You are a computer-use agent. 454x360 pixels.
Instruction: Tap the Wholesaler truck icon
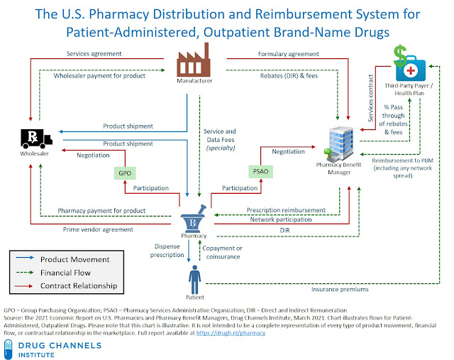(36, 138)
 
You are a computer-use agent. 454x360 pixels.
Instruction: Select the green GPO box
(125, 173)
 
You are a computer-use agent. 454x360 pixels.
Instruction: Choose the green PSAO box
(260, 171)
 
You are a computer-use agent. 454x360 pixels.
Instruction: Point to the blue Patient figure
(194, 280)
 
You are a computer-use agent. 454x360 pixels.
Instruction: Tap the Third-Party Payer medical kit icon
(411, 68)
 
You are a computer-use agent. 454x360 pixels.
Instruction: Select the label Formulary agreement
(289, 54)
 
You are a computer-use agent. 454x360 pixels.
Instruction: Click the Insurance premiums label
(340, 289)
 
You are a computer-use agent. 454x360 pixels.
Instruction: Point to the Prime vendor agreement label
(98, 229)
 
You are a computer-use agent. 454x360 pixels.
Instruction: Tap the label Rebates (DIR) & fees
(289, 76)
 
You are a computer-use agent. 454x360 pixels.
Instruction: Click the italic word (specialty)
(221, 148)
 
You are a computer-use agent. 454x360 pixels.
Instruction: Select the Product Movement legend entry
(62, 259)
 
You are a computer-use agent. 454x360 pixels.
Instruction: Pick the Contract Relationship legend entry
(66, 285)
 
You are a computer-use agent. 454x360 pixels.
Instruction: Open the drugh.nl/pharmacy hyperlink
(231, 333)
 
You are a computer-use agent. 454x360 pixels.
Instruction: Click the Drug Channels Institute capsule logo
(9, 349)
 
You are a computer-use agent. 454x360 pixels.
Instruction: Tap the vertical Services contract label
(370, 98)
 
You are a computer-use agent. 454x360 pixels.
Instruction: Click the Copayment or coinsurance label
(222, 253)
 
